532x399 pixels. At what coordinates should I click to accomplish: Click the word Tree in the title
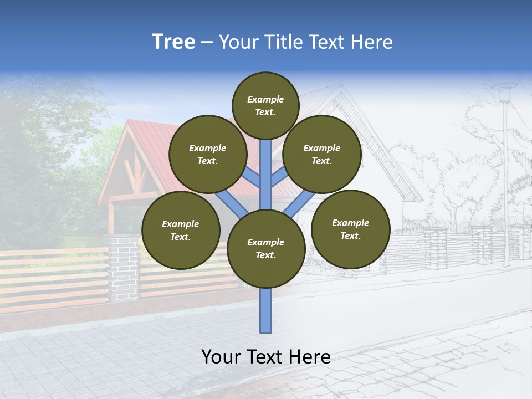coord(173,42)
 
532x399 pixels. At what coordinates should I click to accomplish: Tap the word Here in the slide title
coord(371,42)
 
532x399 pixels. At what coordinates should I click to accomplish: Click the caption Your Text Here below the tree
coord(266,357)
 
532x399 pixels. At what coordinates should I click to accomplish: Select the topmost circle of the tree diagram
coord(265,105)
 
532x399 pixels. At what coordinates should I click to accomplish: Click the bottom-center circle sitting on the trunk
coord(266,248)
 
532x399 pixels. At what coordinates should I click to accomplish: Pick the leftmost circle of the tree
coord(181,230)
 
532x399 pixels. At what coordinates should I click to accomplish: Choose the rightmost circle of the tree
coord(350,229)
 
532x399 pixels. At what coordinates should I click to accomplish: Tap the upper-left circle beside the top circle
coord(207,154)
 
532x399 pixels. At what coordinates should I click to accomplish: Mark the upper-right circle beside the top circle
coord(321,154)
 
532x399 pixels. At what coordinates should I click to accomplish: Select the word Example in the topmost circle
coord(265,100)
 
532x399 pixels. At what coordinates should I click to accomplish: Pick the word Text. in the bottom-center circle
coord(265,255)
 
